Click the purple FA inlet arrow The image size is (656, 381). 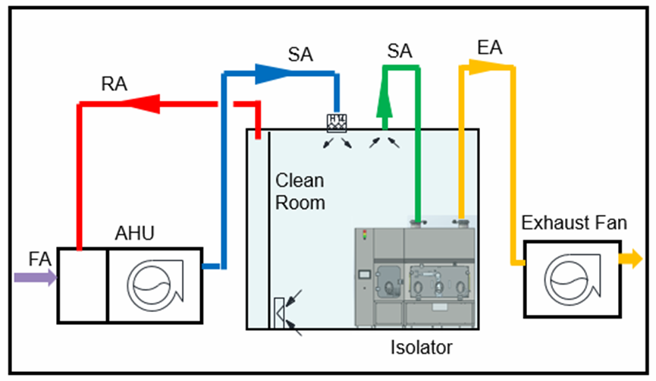35,278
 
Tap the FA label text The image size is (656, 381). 40,259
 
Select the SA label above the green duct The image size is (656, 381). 400,51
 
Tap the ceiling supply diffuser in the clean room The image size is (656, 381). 337,122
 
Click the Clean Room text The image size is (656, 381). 300,191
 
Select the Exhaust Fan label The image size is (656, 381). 575,223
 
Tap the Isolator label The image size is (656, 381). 421,348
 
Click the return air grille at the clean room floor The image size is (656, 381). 279,313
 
